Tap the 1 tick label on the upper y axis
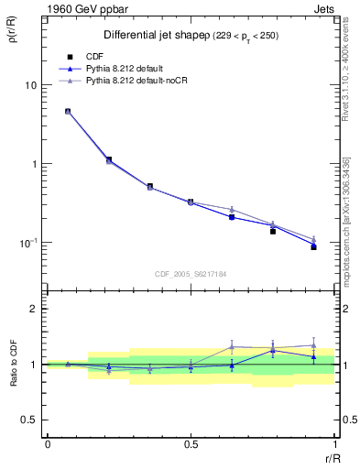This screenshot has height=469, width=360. point(33,164)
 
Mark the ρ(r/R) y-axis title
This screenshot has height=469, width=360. point(18,36)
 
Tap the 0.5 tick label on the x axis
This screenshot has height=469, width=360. point(191,444)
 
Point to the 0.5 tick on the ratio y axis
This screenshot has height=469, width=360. point(29,420)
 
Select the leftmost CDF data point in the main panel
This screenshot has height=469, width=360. point(68,112)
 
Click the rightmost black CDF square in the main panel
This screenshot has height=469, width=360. point(313,247)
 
